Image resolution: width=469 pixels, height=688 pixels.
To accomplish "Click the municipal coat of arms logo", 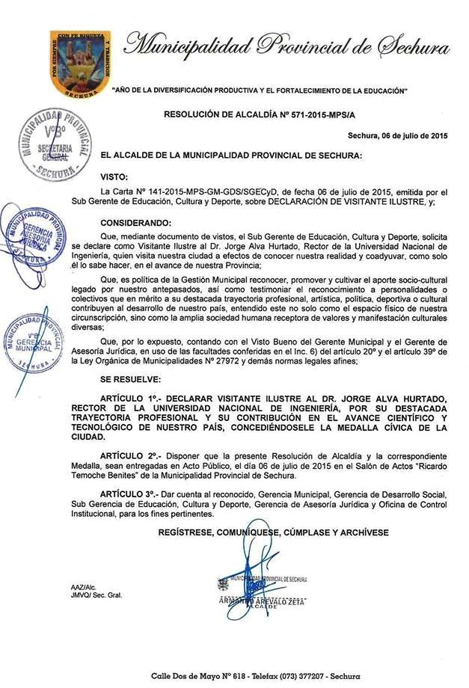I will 80,65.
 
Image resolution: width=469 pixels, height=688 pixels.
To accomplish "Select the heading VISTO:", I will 115,176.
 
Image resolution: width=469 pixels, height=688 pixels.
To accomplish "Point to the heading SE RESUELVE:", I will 132,381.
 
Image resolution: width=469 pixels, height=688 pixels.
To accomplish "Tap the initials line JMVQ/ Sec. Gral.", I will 96,595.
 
